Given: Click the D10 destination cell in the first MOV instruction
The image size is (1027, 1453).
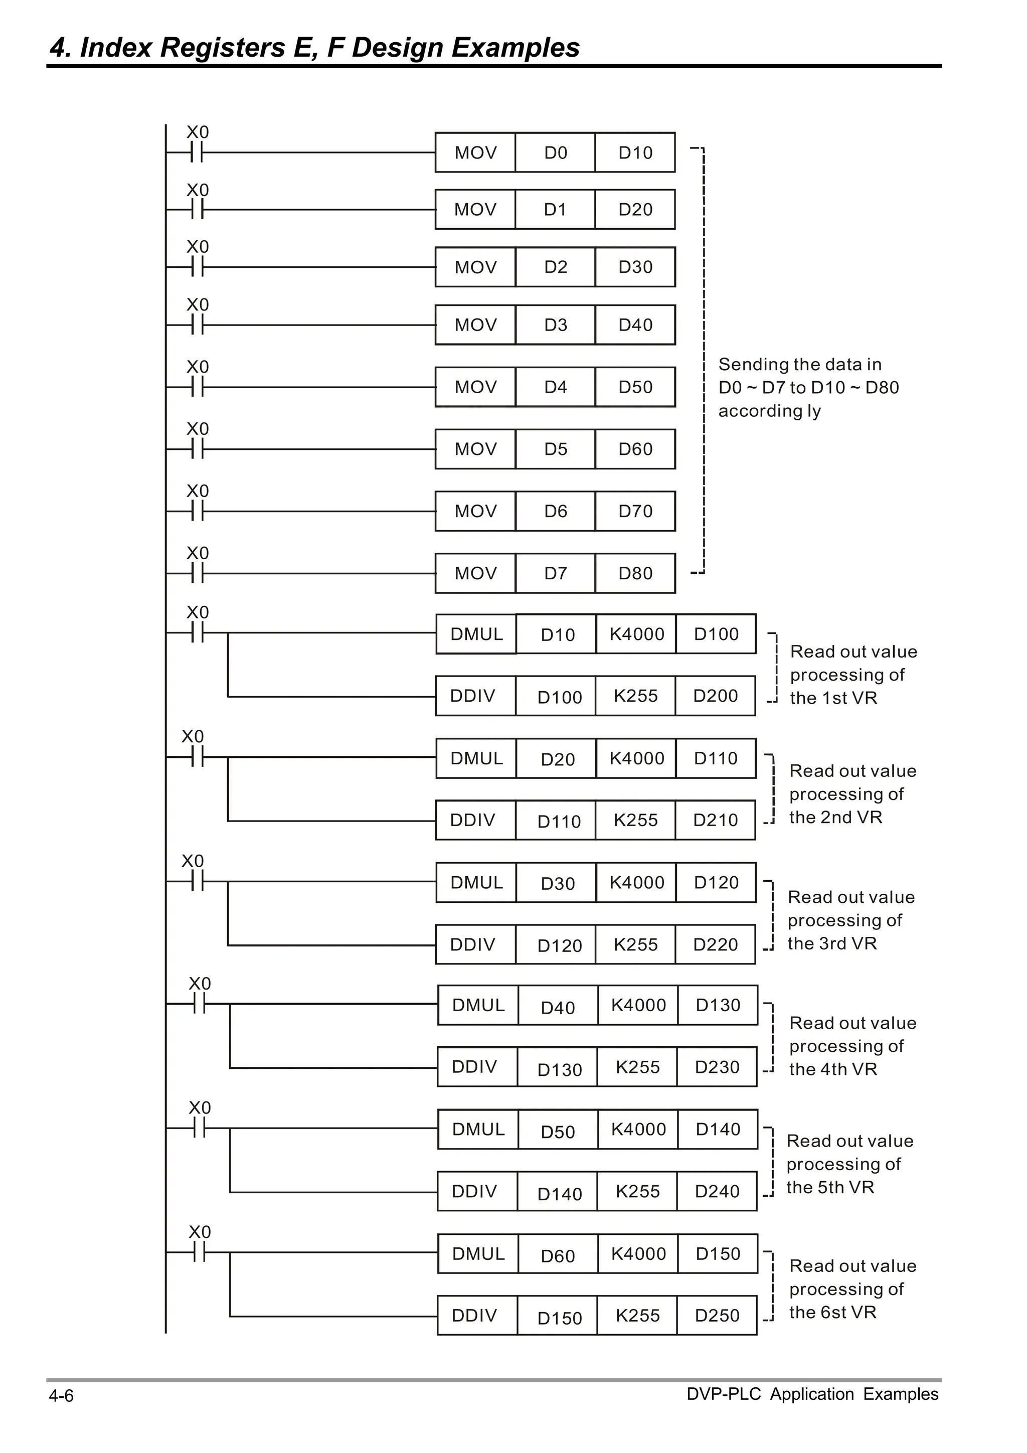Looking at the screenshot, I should point(635,152).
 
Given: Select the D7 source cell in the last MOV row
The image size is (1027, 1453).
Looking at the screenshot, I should point(555,573).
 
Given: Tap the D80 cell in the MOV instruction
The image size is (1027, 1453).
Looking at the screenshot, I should point(635,573).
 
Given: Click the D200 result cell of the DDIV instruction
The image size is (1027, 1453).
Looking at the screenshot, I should point(715,696).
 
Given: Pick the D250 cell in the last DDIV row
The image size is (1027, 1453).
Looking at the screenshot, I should point(717,1316).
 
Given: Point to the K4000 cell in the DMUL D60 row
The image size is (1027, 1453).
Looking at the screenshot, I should point(638,1254).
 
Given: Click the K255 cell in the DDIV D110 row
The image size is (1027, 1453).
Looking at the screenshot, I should point(635,820).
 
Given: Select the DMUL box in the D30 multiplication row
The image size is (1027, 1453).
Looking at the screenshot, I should point(476,882).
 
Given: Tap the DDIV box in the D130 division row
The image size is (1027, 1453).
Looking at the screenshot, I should point(474,1067).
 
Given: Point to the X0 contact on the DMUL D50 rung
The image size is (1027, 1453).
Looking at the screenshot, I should point(199,1127).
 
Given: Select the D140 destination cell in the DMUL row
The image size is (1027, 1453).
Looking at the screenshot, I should point(718,1129).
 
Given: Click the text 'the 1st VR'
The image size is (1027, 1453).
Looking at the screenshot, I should point(833,698).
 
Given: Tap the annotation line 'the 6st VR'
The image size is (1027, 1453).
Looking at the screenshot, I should point(833,1313).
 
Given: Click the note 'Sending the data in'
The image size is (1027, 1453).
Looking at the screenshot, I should point(800,365).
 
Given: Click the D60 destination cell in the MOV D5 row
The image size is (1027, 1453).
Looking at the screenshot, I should point(635,449).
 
